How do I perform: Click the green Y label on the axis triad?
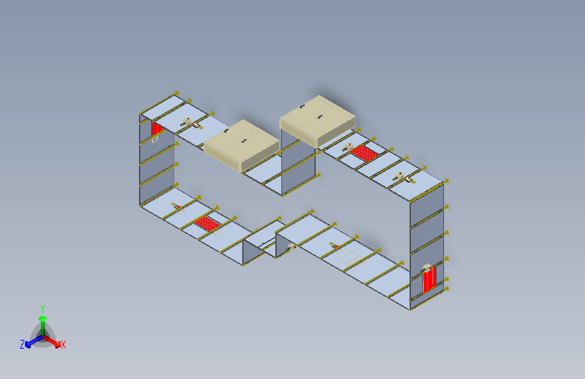(43, 308)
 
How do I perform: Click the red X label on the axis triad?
(63, 345)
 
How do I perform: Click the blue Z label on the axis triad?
(22, 345)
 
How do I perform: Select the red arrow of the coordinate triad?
(52, 341)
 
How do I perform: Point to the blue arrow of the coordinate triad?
(34, 341)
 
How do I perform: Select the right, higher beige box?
(318, 121)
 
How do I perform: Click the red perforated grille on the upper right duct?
(364, 153)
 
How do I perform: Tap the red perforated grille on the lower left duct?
(208, 223)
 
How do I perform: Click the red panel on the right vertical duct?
(429, 280)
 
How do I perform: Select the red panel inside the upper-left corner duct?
(157, 129)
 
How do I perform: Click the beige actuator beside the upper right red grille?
(347, 148)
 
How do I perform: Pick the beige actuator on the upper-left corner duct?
(186, 122)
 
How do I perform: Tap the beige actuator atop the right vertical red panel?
(427, 268)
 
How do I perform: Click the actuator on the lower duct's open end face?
(291, 247)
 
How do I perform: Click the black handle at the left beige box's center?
(244, 141)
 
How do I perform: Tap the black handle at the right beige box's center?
(320, 117)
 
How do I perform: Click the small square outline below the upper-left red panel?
(155, 139)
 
